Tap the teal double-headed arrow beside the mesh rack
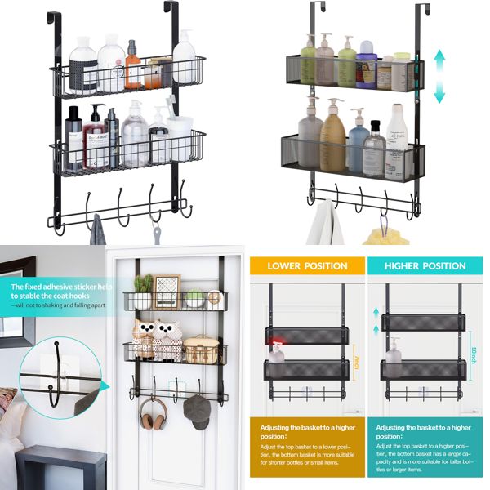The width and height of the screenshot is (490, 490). pyautogui.click(x=439, y=76)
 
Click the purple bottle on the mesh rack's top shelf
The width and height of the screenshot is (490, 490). pyautogui.click(x=367, y=66)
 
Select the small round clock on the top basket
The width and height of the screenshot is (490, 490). pyautogui.click(x=215, y=299)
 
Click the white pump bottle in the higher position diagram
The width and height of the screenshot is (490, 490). pyautogui.click(x=394, y=351)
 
